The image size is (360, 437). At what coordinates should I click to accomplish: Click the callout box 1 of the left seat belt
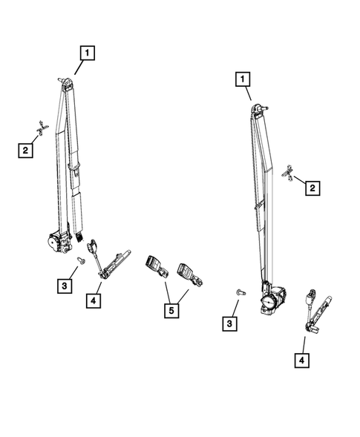point(88,53)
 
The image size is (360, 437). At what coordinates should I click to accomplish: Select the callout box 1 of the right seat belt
point(243,78)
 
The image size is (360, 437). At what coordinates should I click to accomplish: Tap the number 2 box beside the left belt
point(26,151)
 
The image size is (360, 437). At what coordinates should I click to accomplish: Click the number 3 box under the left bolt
point(65,286)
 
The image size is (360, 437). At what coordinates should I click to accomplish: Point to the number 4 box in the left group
point(94,300)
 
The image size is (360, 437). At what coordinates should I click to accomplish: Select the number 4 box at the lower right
point(304,361)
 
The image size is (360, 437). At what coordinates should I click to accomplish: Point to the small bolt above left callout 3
point(80,260)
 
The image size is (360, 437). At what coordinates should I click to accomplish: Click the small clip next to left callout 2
point(42,128)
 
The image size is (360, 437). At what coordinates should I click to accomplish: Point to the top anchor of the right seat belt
point(259,109)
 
